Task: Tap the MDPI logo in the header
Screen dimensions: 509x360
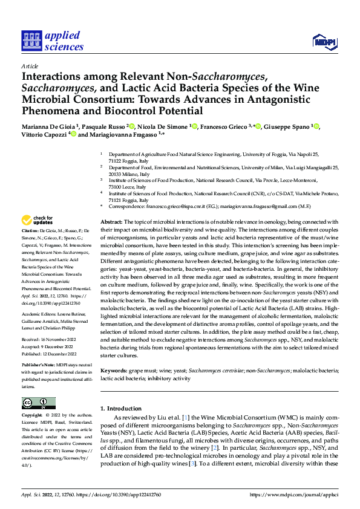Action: pyautogui.click(x=324, y=41)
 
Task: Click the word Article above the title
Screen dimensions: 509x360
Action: pyautogui.click(x=30, y=66)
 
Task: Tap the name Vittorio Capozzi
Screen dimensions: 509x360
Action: pyautogui.click(x=44, y=135)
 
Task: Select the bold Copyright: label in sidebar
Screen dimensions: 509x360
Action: pyautogui.click(x=33, y=416)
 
